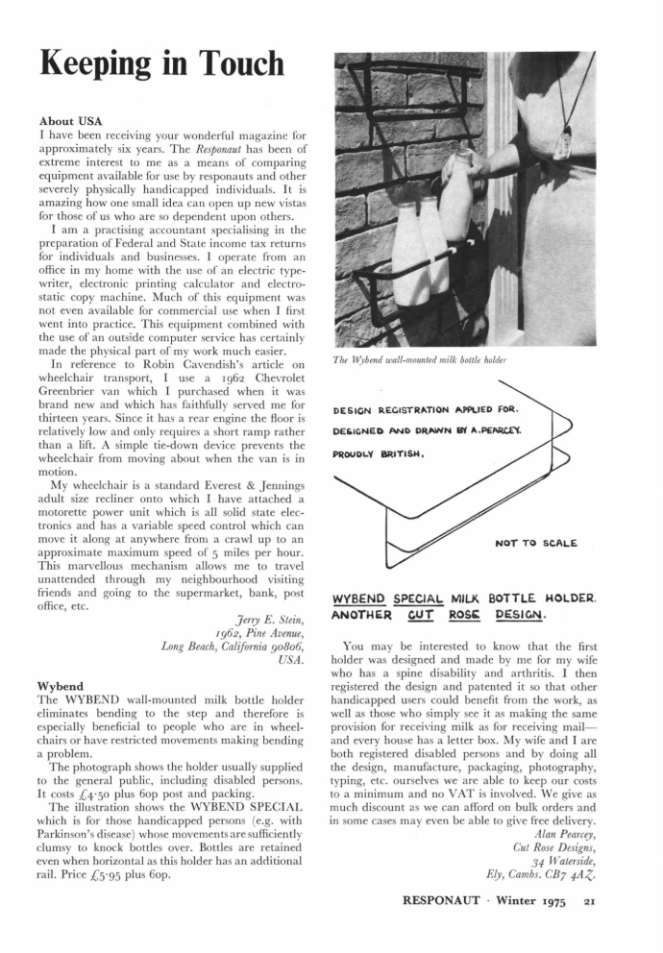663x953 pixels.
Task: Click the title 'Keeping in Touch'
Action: (x=161, y=64)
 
